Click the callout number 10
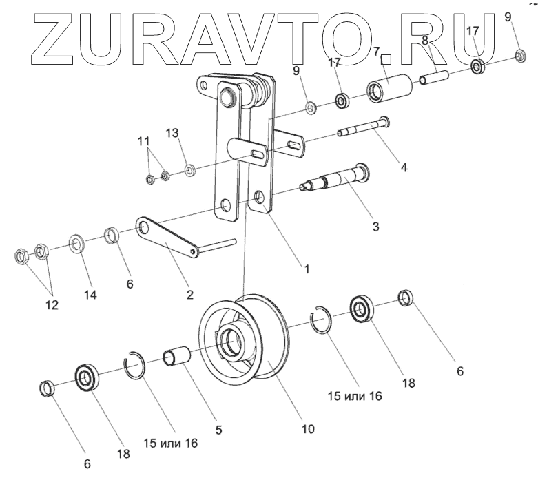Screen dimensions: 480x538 point(307,428)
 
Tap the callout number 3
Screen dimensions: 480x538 point(375,225)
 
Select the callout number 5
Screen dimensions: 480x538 point(218,430)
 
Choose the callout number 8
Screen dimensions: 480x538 point(426,42)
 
